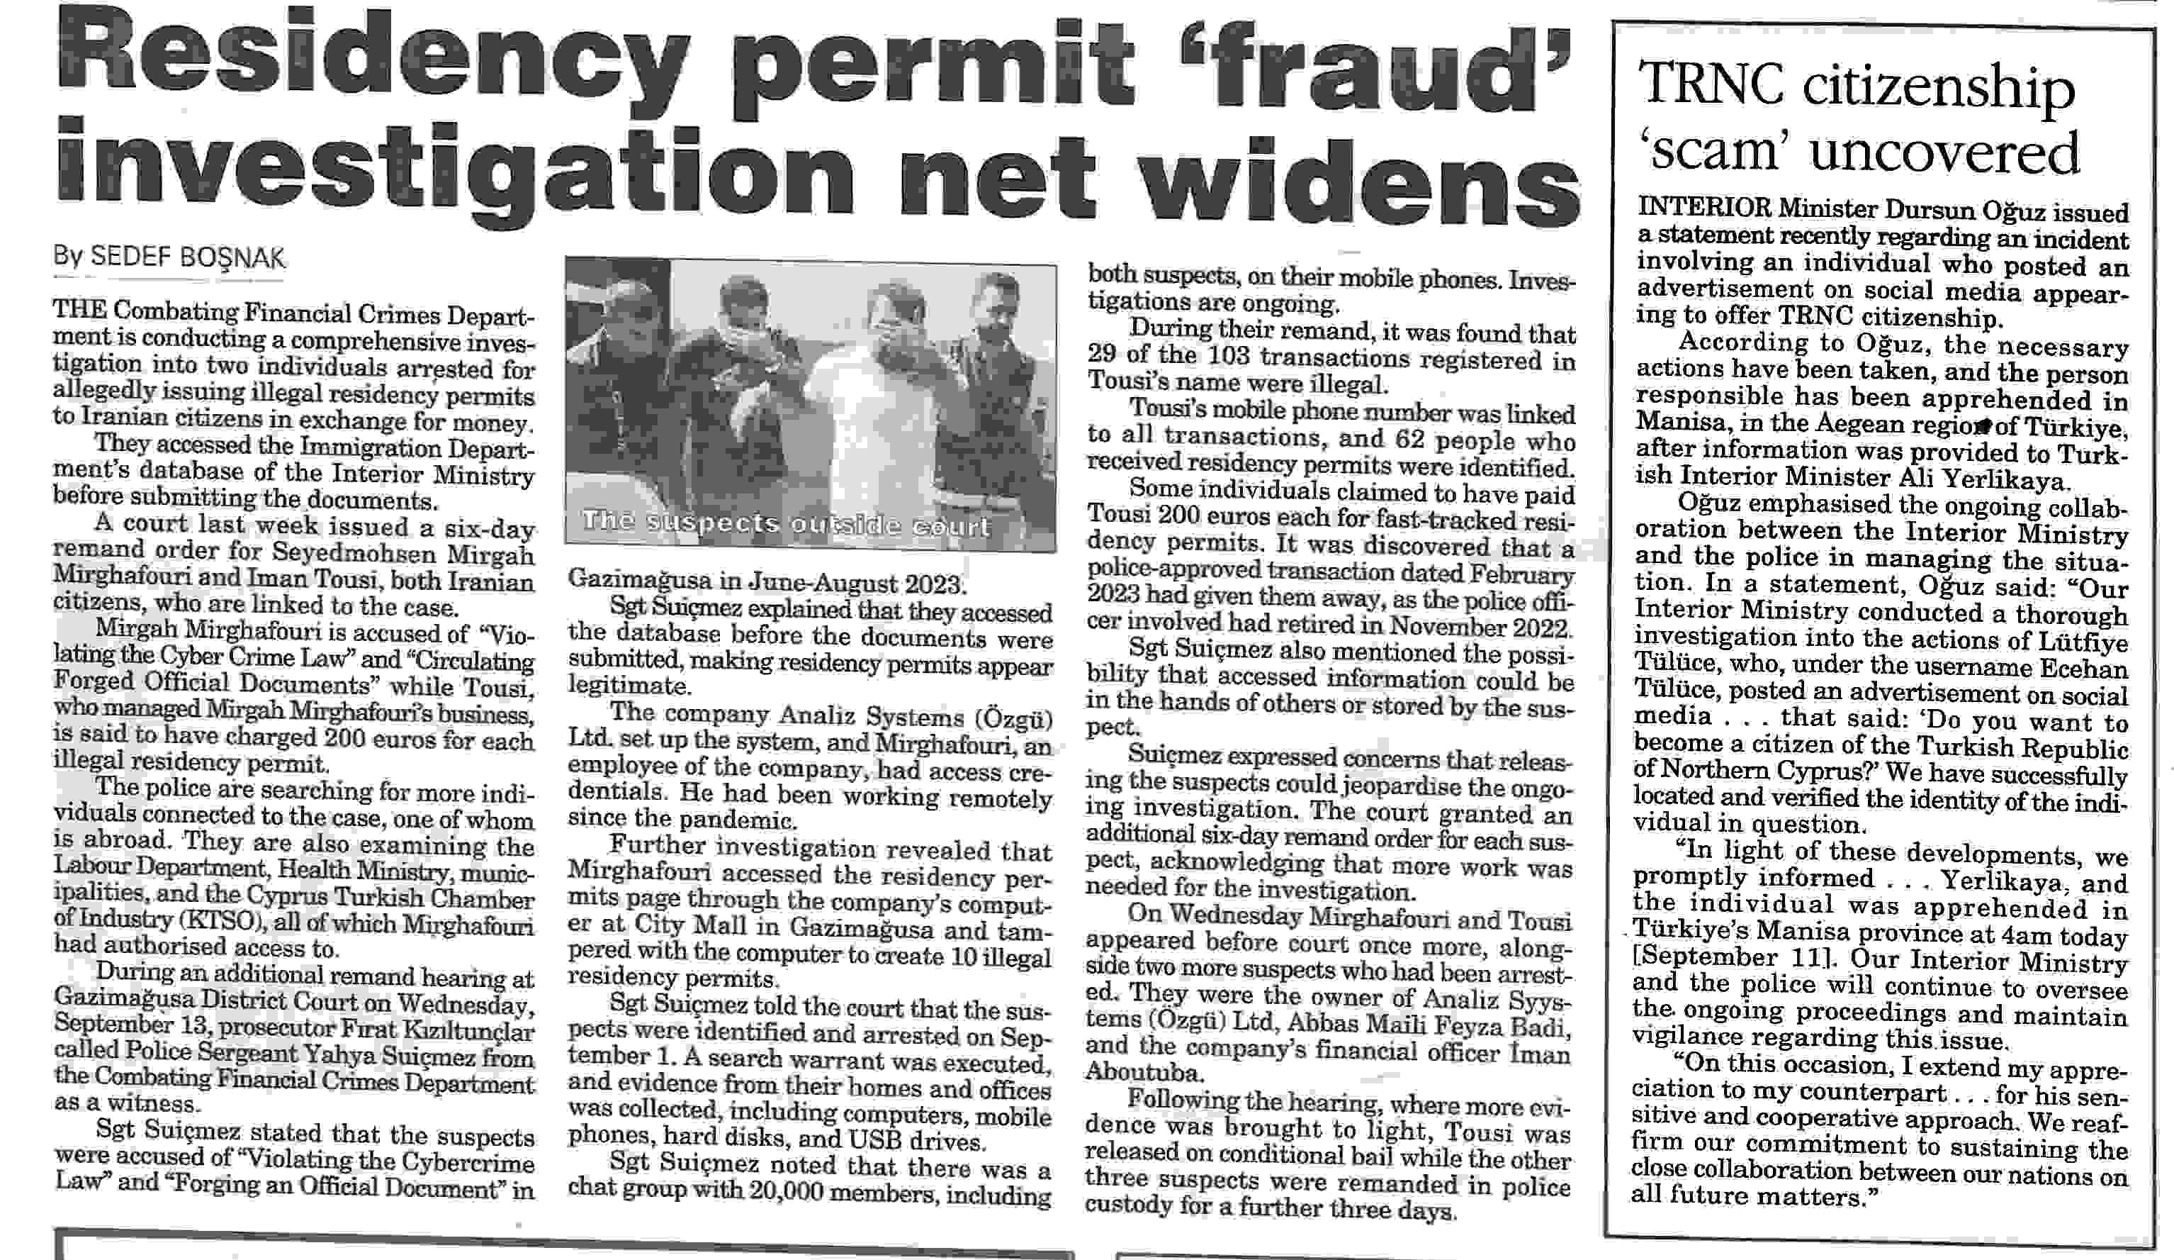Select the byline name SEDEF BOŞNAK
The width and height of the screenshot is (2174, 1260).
(x=187, y=257)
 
